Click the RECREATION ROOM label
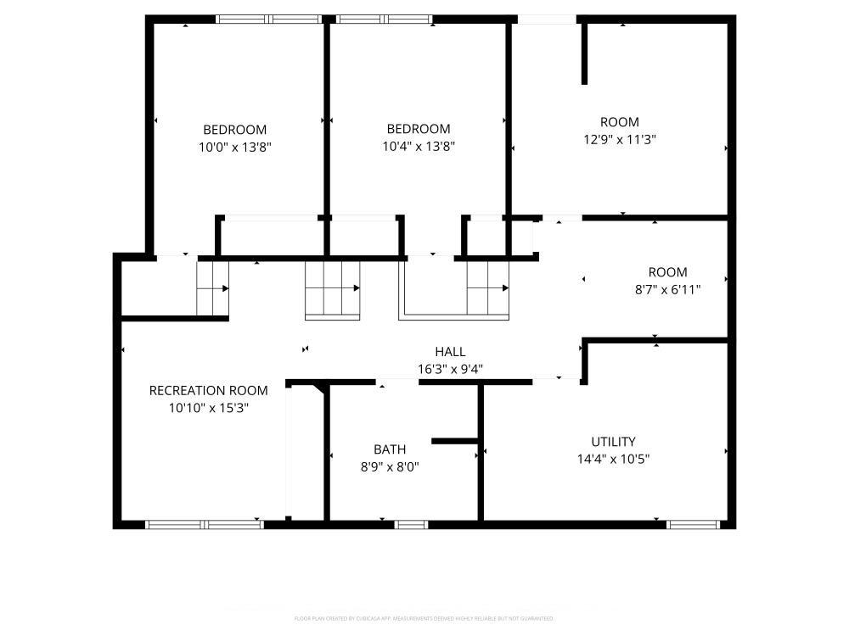pyautogui.click(x=208, y=390)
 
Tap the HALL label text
pyautogui.click(x=450, y=352)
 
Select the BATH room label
pyautogui.click(x=390, y=449)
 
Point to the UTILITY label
pyautogui.click(x=613, y=442)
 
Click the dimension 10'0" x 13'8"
pyautogui.click(x=233, y=147)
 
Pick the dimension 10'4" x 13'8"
pyautogui.click(x=419, y=146)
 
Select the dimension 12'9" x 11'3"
pyautogui.click(x=619, y=139)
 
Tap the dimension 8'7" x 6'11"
pyautogui.click(x=667, y=289)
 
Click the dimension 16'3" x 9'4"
pyautogui.click(x=450, y=369)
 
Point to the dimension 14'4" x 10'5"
pyautogui.click(x=613, y=459)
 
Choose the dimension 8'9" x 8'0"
pyautogui.click(x=390, y=466)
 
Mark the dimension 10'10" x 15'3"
pyautogui.click(x=208, y=407)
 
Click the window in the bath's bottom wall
pyautogui.click(x=412, y=525)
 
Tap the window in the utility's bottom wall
pyautogui.click(x=694, y=525)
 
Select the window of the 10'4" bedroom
pyautogui.click(x=384, y=19)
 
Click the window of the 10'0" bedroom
pyautogui.click(x=268, y=19)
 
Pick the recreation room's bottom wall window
pyautogui.click(x=205, y=525)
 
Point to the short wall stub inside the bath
pyautogui.click(x=456, y=441)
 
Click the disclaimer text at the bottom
pyautogui.click(x=424, y=618)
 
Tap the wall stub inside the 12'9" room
pyautogui.click(x=584, y=53)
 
